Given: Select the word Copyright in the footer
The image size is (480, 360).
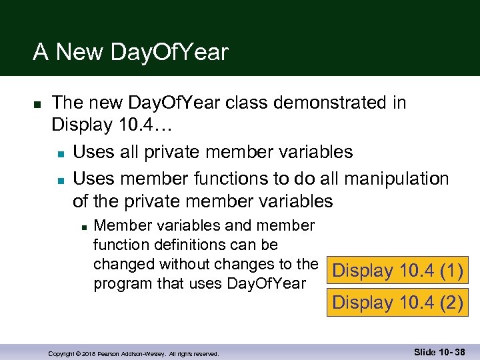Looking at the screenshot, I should click(x=63, y=353).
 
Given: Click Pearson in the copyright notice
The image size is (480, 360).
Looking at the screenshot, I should click(x=113, y=353).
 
